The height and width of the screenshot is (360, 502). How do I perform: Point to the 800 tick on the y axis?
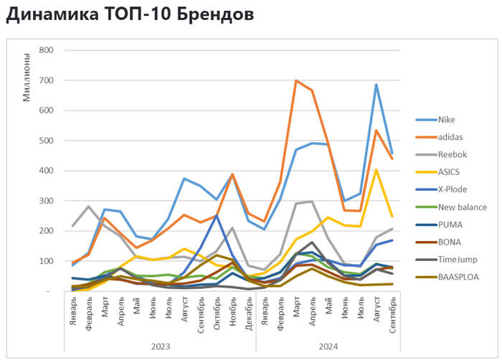coord(46,50)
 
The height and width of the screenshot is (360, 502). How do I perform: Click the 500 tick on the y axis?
coord(46,141)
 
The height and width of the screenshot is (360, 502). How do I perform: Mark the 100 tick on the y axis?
coord(46,261)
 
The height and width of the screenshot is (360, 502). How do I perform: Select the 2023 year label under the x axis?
coord(161,346)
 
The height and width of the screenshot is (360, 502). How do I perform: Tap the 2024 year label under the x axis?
coord(328,346)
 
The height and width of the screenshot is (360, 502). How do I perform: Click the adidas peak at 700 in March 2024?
coord(296,80)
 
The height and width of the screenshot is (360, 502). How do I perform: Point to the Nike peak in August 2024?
coord(375,85)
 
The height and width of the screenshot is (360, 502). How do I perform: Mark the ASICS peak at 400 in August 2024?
coord(375,170)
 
